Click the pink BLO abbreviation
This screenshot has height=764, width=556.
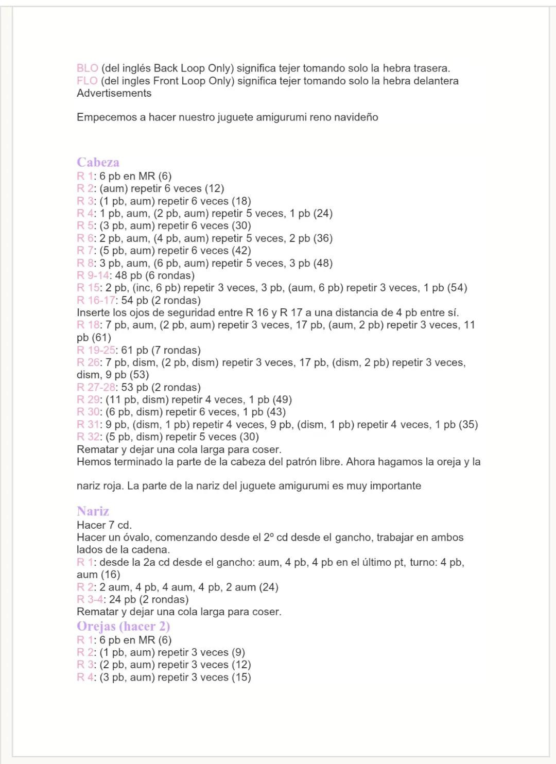click(87, 68)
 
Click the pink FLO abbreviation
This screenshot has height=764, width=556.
click(87, 81)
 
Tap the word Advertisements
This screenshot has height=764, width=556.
click(114, 93)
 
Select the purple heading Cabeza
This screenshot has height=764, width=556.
click(98, 162)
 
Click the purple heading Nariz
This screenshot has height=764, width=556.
click(93, 511)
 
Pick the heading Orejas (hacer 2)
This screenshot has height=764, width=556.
click(123, 627)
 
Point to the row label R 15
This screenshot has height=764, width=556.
click(88, 288)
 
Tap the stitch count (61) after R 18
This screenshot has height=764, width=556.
click(102, 338)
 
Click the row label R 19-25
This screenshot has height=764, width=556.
click(96, 350)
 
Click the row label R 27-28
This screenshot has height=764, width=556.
click(96, 387)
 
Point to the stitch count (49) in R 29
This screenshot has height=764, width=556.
click(282, 400)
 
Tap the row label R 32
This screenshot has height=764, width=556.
click(88, 437)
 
